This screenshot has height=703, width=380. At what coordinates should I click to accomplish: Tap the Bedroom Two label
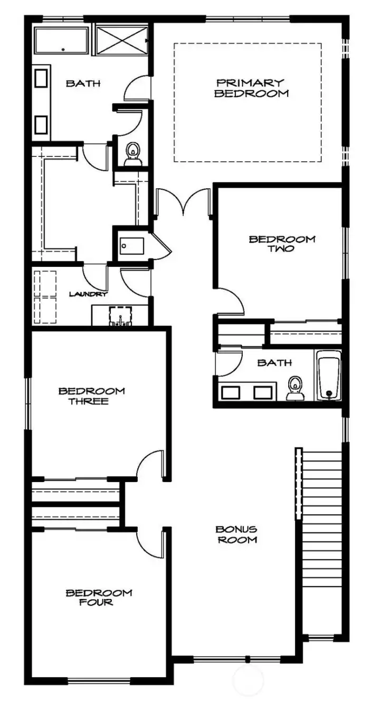tap(282, 244)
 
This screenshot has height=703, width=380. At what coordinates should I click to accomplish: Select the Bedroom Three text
tap(91, 396)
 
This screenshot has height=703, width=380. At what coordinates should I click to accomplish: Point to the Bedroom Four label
tap(99, 597)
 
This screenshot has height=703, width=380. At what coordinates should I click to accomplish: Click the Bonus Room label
tap(236, 534)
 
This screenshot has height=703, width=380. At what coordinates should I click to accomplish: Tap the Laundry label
tap(89, 294)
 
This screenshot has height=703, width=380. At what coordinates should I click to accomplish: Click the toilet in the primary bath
tap(132, 153)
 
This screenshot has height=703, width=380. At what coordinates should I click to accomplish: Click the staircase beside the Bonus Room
tap(321, 539)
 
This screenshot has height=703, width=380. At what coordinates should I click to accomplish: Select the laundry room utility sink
tap(120, 316)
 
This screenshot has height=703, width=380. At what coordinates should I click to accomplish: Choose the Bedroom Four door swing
tap(149, 541)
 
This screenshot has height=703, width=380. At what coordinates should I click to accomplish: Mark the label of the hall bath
tap(267, 363)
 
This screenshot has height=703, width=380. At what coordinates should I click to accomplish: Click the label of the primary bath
tap(83, 83)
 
